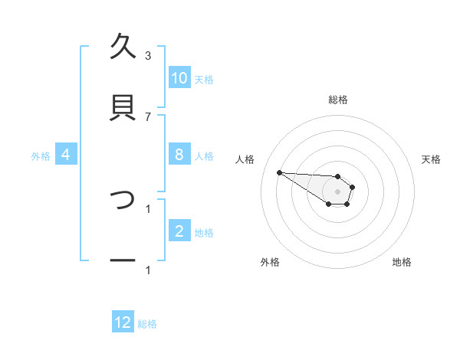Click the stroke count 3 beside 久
click(x=148, y=55)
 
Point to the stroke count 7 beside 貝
click(x=148, y=116)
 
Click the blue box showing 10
click(x=179, y=78)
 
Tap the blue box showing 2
click(x=179, y=232)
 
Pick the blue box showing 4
click(x=66, y=155)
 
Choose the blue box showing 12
click(x=123, y=323)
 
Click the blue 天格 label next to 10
click(x=204, y=79)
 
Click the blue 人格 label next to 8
click(x=204, y=156)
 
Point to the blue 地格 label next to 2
click(x=204, y=233)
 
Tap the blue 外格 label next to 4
click(x=41, y=156)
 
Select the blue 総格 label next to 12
click(x=147, y=324)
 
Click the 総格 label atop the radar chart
click(x=338, y=100)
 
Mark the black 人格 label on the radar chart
click(x=245, y=159)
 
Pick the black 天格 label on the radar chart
click(x=432, y=159)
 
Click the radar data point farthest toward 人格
click(x=279, y=172)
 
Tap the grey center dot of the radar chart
click(x=337, y=191)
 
